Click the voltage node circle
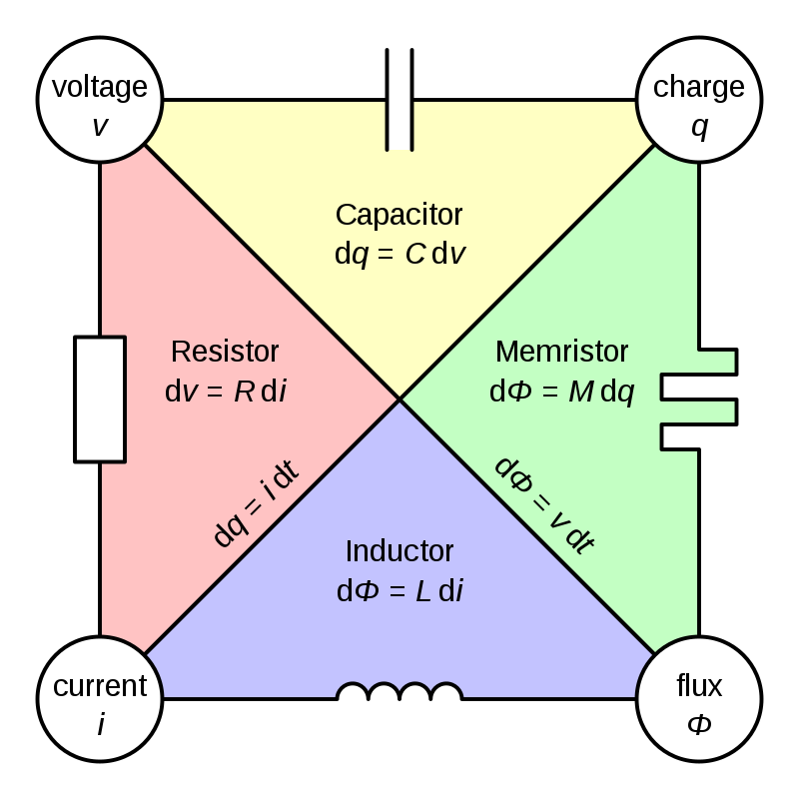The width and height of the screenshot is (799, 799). (x=100, y=100)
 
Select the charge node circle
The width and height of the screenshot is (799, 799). (x=698, y=100)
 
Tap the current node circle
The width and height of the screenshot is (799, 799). (x=100, y=698)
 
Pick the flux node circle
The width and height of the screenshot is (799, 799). (x=698, y=698)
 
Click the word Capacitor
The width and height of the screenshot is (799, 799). (x=399, y=215)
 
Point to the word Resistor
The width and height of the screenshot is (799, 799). (x=225, y=352)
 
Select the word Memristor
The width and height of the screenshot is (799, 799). (x=562, y=352)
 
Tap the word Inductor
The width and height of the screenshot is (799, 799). (x=399, y=550)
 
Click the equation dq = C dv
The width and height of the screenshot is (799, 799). (x=399, y=254)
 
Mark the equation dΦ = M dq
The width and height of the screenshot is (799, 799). (x=562, y=391)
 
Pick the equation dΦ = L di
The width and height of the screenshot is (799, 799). (x=399, y=590)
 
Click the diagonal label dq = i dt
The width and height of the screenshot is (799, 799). (x=257, y=503)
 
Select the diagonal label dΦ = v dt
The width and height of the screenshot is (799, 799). (x=545, y=504)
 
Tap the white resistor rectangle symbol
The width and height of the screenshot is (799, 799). (x=101, y=399)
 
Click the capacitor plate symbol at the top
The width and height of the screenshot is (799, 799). (x=399, y=100)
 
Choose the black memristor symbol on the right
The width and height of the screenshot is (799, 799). (x=699, y=399)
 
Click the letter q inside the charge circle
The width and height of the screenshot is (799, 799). (x=699, y=127)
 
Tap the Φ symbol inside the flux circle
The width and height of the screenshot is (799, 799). (x=699, y=724)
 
